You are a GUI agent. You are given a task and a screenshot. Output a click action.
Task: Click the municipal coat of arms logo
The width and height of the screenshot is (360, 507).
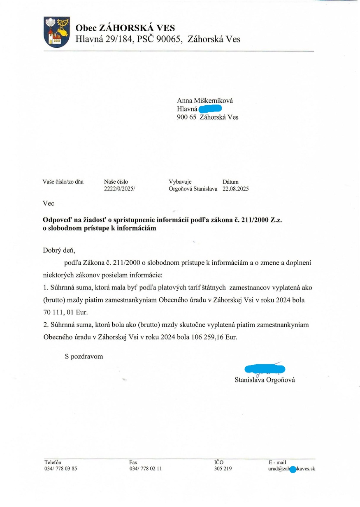57,32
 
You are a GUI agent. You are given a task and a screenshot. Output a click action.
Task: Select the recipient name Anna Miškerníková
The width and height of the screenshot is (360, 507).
205,101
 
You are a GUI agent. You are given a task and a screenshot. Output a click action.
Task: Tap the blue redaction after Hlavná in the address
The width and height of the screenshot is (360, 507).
210,109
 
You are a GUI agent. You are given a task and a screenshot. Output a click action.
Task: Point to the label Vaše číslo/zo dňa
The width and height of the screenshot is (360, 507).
63,182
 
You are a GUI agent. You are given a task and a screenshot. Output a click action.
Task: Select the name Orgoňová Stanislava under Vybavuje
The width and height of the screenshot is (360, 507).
193,189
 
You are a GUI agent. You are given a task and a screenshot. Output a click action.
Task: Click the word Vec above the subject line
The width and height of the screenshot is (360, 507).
48,203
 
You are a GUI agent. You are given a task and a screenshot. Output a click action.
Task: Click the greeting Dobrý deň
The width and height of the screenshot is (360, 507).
59,250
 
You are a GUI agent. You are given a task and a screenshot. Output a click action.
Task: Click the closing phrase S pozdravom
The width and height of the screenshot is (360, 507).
84,357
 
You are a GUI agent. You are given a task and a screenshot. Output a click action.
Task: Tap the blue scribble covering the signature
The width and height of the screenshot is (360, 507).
265,369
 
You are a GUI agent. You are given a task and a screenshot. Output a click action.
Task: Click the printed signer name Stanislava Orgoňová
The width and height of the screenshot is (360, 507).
265,380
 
